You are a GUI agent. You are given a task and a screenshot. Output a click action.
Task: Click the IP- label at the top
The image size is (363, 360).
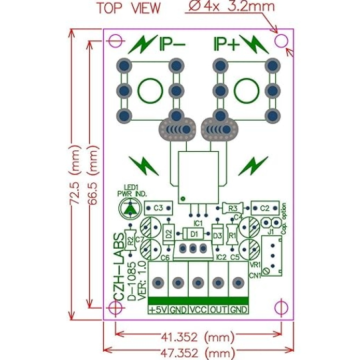(172, 46)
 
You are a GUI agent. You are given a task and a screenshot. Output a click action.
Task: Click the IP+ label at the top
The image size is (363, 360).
(227, 46)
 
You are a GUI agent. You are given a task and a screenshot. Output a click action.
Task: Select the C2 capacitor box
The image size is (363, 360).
(265, 208)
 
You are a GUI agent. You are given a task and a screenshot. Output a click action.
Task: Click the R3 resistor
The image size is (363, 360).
(231, 208)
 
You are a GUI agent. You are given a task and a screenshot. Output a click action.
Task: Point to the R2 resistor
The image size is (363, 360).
(131, 241)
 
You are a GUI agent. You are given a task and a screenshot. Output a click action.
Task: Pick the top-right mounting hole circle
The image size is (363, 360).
(282, 40)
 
